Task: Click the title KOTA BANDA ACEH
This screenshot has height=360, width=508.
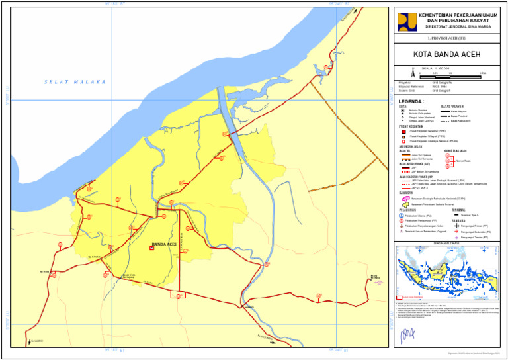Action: (x=446, y=54)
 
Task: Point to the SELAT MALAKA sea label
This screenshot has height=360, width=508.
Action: (x=75, y=82)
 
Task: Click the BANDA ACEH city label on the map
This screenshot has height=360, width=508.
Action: (x=165, y=244)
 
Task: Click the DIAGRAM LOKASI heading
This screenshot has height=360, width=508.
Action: (x=446, y=244)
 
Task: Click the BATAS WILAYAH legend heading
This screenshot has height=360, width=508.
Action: (x=452, y=106)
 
